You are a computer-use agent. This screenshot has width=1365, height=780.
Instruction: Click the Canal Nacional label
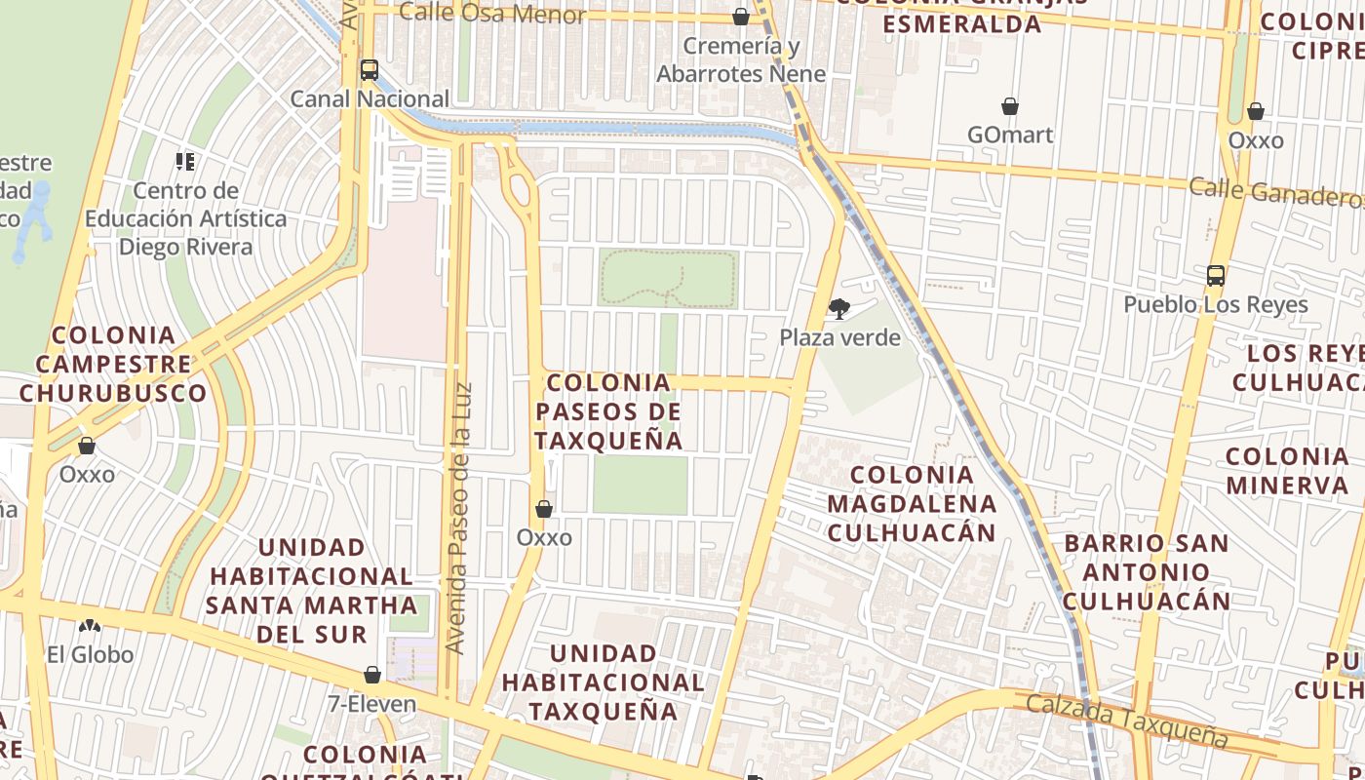370,98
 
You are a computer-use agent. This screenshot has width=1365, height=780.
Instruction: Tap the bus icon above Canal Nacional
369,70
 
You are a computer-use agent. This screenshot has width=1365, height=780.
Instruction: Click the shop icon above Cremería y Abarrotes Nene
741,17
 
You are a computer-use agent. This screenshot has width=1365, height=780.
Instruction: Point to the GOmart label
1010,135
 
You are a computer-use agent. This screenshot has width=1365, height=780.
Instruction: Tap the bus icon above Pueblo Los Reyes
1215,276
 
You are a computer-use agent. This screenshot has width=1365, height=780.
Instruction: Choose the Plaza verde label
839,337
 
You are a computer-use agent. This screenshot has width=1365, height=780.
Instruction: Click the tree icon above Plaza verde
838,310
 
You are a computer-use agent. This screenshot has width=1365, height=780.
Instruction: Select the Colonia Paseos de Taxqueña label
608,411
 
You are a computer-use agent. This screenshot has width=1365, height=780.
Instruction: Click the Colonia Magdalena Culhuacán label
912,503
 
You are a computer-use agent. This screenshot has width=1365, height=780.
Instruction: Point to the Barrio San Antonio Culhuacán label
1146,571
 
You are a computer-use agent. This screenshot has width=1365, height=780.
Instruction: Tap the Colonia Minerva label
1287,470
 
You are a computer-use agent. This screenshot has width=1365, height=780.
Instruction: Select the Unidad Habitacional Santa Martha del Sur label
312,590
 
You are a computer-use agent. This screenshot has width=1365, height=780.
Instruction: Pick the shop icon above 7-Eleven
371,675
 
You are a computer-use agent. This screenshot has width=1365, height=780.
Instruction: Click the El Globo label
90,654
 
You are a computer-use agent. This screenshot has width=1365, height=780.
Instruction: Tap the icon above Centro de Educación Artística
185,162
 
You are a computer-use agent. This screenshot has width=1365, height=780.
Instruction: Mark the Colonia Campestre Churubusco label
112,364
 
